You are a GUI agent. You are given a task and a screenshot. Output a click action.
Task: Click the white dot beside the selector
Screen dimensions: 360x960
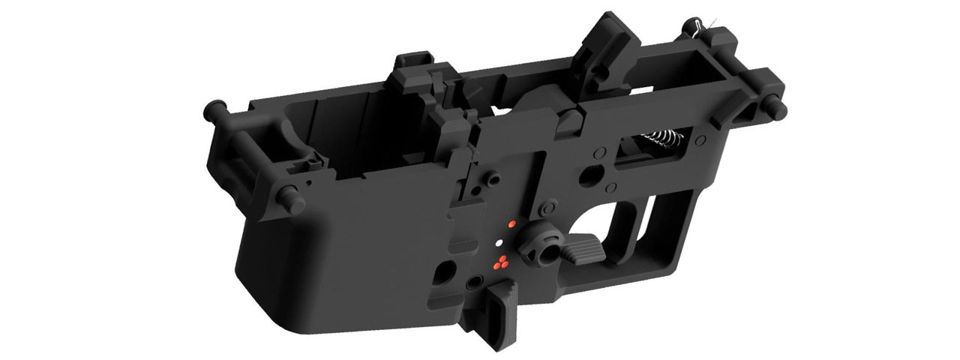click(499, 243)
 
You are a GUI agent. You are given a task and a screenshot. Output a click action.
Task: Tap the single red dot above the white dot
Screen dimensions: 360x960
click(511, 223)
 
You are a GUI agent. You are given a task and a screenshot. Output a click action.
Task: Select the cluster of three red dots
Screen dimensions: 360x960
click(500, 261)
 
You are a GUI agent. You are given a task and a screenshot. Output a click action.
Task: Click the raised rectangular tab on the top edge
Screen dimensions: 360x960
click(410, 61)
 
